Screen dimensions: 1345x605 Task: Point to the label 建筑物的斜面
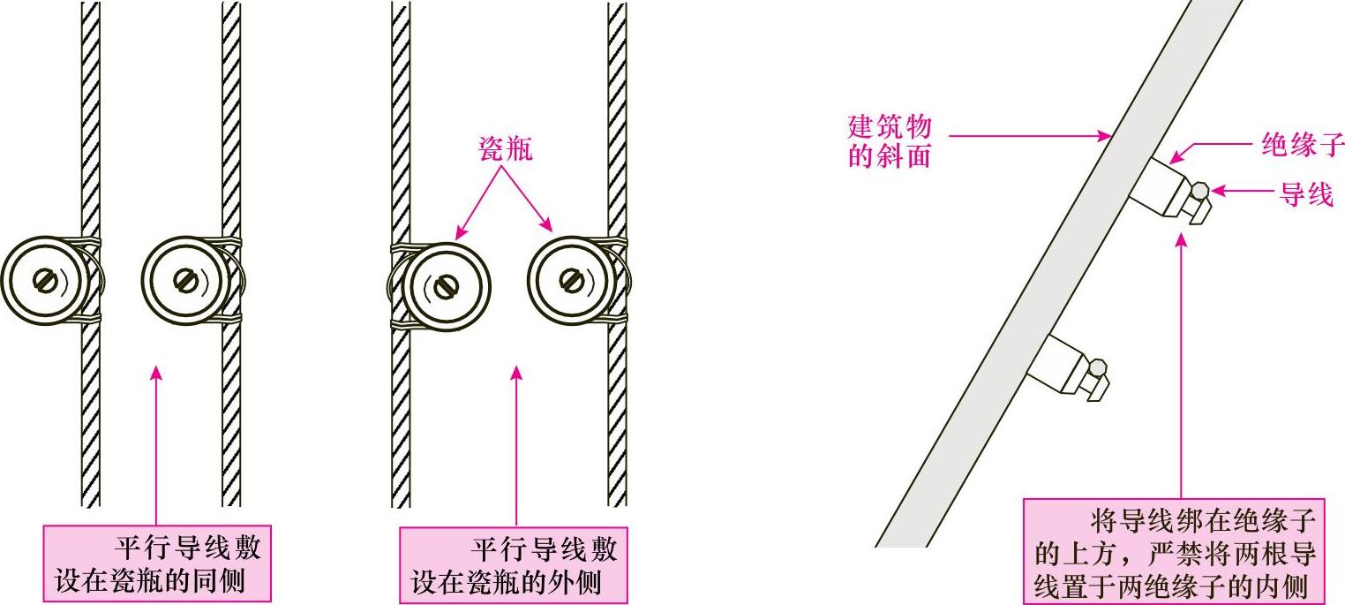pyautogui.click(x=889, y=141)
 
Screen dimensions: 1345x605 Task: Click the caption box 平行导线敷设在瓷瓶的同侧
pyautogui.click(x=157, y=565)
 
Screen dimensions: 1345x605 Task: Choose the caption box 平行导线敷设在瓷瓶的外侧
pyautogui.click(x=513, y=565)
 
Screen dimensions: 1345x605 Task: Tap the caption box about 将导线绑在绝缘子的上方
pyautogui.click(x=1174, y=552)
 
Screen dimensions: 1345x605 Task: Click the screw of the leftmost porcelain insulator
pyautogui.click(x=44, y=281)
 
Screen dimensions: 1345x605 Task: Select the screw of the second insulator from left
pyautogui.click(x=184, y=281)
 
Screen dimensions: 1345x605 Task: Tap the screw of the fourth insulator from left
pyautogui.click(x=573, y=281)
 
